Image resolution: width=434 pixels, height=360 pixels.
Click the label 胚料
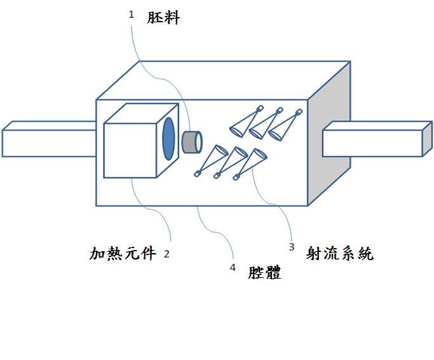tap(164, 18)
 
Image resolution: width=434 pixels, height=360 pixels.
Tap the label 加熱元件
tap(122, 254)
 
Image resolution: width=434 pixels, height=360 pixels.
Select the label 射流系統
tap(340, 254)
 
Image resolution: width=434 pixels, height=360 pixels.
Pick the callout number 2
tap(166, 254)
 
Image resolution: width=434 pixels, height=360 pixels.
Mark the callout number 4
tap(233, 268)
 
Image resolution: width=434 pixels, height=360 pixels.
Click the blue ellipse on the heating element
tap(169, 138)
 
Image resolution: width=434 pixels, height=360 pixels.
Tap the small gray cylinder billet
tap(192, 141)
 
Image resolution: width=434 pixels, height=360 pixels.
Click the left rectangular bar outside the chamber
tap(48, 142)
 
